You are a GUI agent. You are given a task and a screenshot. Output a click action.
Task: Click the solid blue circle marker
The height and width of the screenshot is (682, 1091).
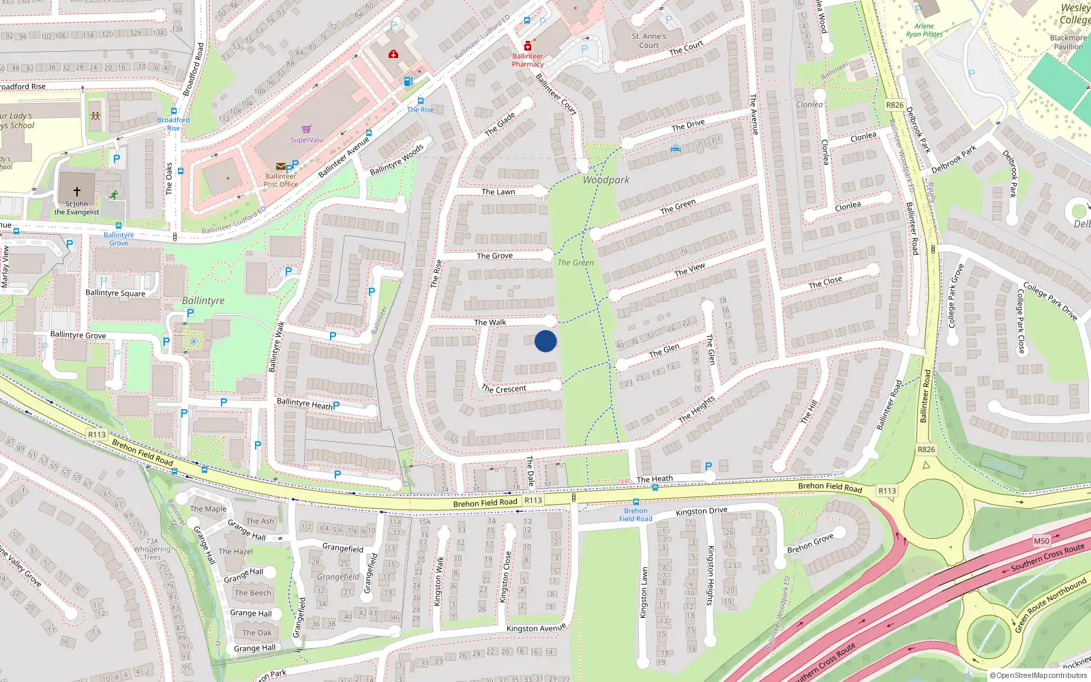(x=545, y=341)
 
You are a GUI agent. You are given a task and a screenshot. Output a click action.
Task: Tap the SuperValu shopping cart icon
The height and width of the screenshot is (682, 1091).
(x=307, y=129)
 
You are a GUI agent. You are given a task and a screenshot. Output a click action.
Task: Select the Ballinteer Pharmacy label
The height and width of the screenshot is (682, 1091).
(x=528, y=61)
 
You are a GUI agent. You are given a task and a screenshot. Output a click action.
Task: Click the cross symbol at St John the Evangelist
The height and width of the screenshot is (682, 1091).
(x=77, y=192)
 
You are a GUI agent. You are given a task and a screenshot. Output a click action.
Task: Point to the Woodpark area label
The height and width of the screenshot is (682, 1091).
(x=606, y=180)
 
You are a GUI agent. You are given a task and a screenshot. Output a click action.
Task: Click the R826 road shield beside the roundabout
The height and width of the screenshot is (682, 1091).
(x=926, y=449)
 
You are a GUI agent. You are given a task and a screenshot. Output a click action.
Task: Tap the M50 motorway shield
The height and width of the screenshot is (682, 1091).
(x=1041, y=541)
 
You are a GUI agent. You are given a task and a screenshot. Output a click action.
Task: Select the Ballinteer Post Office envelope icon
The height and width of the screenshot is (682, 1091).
(x=280, y=166)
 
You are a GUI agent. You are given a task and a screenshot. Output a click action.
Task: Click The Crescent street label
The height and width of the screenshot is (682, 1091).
(x=504, y=389)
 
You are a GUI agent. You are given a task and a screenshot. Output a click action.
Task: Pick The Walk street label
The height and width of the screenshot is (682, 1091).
(x=490, y=322)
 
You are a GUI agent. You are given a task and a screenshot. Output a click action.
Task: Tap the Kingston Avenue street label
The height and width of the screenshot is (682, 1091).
(x=536, y=628)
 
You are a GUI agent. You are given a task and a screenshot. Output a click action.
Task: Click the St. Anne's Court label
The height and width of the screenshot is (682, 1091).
(x=648, y=41)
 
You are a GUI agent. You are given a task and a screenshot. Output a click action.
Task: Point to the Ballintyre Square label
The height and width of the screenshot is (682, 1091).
(x=115, y=293)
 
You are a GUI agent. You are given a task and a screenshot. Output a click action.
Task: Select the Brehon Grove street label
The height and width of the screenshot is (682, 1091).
(x=810, y=544)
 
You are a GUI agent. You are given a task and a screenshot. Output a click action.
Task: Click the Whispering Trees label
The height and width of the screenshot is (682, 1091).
(x=152, y=553)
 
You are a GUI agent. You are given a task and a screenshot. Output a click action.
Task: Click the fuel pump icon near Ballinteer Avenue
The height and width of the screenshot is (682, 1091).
(x=408, y=81)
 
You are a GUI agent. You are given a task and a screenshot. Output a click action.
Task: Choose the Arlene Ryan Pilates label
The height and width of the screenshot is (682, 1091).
(x=924, y=30)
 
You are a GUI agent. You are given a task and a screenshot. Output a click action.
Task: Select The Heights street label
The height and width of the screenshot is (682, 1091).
(x=697, y=409)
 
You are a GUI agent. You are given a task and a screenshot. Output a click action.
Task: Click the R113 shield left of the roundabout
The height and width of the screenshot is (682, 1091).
(x=886, y=490)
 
